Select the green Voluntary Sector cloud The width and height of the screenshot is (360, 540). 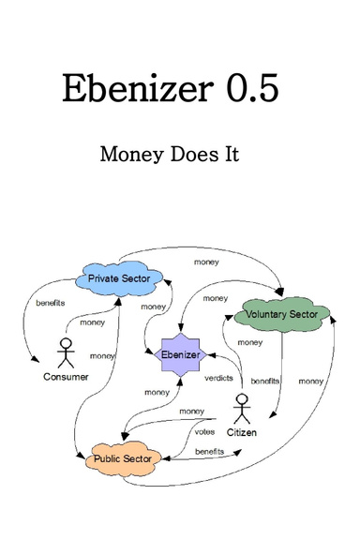tap(286, 314)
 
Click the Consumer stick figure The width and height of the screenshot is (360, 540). tap(65, 352)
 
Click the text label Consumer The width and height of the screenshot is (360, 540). tap(65, 377)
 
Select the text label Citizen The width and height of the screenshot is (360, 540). tap(241, 433)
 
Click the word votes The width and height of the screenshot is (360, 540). tap(204, 432)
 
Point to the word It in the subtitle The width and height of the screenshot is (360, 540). tap(232, 154)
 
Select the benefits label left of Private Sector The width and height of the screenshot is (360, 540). tap(52, 304)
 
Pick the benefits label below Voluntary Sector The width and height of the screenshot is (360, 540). tap(265, 382)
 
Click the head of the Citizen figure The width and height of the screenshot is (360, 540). tap(241, 399)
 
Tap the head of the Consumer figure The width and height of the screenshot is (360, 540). tap(65, 341)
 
